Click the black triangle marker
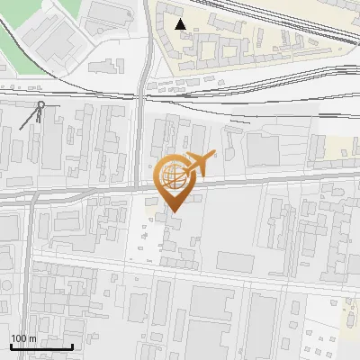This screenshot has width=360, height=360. click(x=182, y=24)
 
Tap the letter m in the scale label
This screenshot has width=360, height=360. click(x=34, y=338)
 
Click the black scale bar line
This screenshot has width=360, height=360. click(x=41, y=346)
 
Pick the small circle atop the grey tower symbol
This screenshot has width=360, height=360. click(x=40, y=105)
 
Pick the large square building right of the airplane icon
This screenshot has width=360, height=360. click(x=264, y=149)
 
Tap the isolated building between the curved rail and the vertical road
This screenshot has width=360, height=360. click(x=108, y=66)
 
